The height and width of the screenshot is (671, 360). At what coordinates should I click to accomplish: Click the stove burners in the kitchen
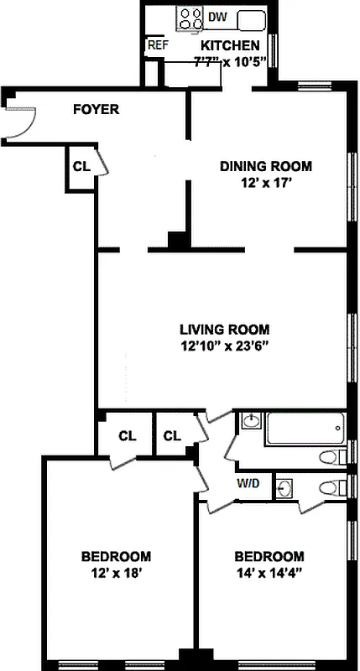coord(190,18)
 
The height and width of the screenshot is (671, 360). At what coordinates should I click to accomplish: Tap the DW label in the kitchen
coord(217,17)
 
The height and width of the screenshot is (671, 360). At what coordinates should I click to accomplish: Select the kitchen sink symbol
coord(251,18)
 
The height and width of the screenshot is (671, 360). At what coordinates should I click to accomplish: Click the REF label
coord(157,45)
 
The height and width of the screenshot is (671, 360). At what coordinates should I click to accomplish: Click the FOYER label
coord(96,109)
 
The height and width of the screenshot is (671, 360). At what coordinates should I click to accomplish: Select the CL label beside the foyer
coord(81,166)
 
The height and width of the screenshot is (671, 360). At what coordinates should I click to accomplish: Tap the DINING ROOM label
coord(266,165)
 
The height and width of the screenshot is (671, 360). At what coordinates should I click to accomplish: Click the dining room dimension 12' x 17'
coord(266,180)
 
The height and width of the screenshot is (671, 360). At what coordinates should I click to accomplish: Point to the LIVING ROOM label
coord(225,330)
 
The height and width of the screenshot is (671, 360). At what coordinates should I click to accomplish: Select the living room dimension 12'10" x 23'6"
coord(224,345)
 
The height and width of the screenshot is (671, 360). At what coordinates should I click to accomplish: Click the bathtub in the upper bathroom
coord(303,429)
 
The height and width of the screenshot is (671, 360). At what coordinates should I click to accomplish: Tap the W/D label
coord(248,482)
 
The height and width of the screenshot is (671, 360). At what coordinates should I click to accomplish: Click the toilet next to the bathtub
coord(334,457)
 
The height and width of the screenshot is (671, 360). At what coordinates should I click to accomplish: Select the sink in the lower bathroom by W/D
coord(285,486)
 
